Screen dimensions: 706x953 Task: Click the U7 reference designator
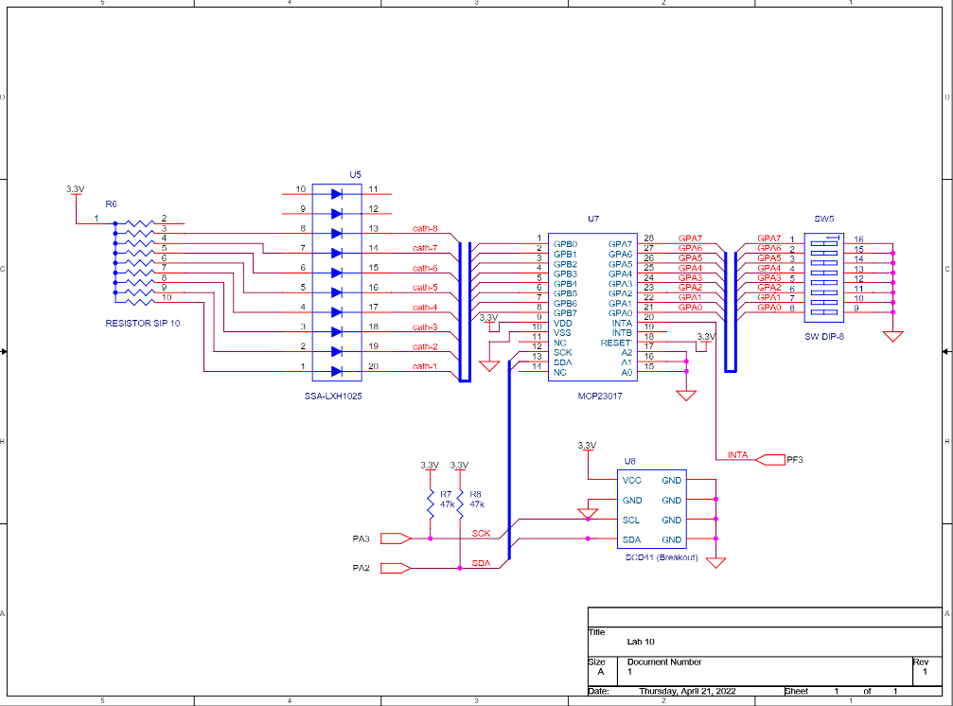(x=592, y=219)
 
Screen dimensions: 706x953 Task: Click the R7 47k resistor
(x=431, y=499)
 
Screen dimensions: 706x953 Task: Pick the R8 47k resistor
(x=460, y=499)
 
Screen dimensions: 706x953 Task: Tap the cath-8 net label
(x=425, y=228)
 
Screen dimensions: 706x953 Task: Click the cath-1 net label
(x=425, y=366)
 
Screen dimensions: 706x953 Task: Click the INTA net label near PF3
(x=737, y=455)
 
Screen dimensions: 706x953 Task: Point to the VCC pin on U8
(x=631, y=481)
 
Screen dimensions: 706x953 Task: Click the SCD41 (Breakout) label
(x=661, y=557)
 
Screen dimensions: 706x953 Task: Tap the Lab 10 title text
(x=641, y=641)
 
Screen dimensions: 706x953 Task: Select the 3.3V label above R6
(x=75, y=189)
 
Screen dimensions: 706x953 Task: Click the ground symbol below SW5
(x=892, y=335)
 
